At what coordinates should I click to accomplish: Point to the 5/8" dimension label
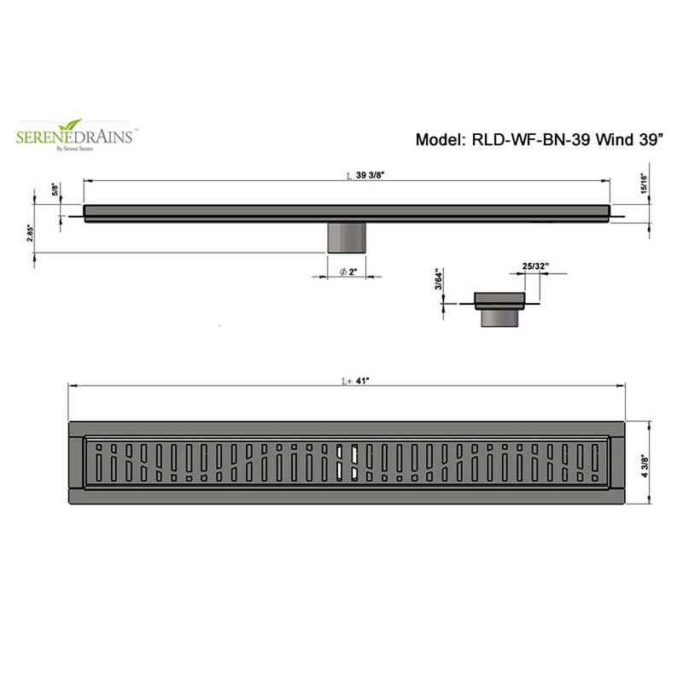click(56, 189)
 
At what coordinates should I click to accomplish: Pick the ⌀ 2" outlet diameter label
click(347, 271)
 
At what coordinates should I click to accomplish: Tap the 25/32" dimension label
click(534, 266)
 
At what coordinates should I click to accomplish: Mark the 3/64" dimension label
click(438, 279)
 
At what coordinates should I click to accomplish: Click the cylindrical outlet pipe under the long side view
click(347, 236)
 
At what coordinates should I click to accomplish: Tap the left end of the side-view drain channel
click(87, 212)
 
